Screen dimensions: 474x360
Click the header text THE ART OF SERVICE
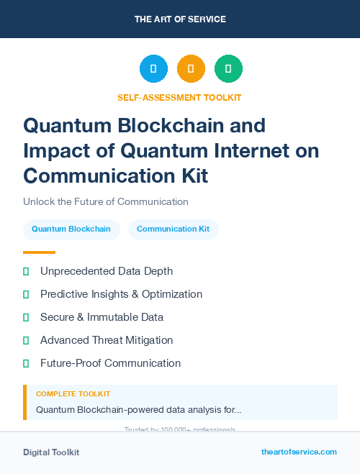tap(180, 19)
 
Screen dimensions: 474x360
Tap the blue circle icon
tap(153, 69)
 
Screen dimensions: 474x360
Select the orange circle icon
tap(191, 69)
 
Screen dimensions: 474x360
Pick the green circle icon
tap(228, 69)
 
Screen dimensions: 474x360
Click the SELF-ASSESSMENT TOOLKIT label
tap(180, 97)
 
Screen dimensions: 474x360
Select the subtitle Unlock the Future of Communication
tap(105, 201)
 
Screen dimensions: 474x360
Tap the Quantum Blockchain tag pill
tap(71, 229)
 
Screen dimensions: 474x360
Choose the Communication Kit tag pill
tap(174, 229)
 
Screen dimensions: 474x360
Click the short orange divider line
tap(39, 252)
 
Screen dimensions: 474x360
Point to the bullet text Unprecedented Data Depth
tap(107, 271)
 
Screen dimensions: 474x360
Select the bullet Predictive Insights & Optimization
tap(121, 294)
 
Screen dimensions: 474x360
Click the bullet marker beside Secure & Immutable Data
tap(26, 317)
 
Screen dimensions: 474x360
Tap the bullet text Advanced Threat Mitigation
tap(107, 340)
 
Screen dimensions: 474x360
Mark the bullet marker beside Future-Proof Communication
tap(26, 363)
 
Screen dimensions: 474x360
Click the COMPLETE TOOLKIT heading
tap(73, 394)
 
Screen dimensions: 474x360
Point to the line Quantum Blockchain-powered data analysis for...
tap(138, 410)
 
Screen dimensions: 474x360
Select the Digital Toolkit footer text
tap(51, 452)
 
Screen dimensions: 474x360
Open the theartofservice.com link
tap(299, 452)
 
